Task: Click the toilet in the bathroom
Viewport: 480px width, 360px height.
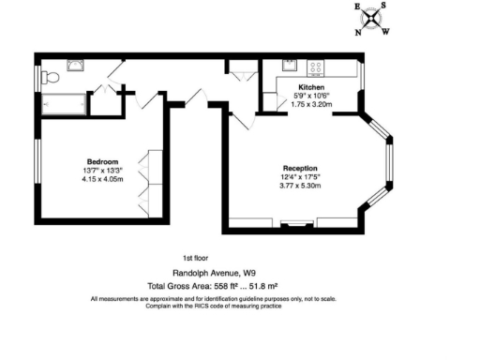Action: tap(53, 76)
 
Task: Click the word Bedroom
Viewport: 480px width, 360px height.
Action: tap(92, 162)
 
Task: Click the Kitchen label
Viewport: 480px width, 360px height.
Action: tap(311, 86)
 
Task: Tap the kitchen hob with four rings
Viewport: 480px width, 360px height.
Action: tap(316, 67)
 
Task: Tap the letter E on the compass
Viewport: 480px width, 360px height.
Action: tap(357, 6)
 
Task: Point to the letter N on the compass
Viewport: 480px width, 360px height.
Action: tap(357, 33)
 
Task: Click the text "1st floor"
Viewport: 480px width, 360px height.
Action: tap(194, 258)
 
